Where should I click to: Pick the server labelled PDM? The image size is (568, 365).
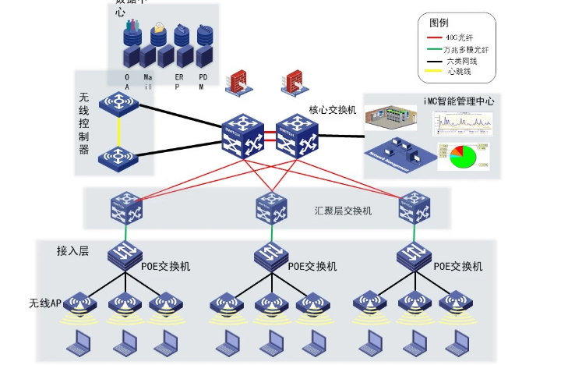204,53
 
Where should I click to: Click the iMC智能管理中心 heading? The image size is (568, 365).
457,101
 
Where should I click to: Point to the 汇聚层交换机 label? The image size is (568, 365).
343,211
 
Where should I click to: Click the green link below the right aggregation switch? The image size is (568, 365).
413,233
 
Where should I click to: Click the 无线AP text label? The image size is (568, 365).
45,303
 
